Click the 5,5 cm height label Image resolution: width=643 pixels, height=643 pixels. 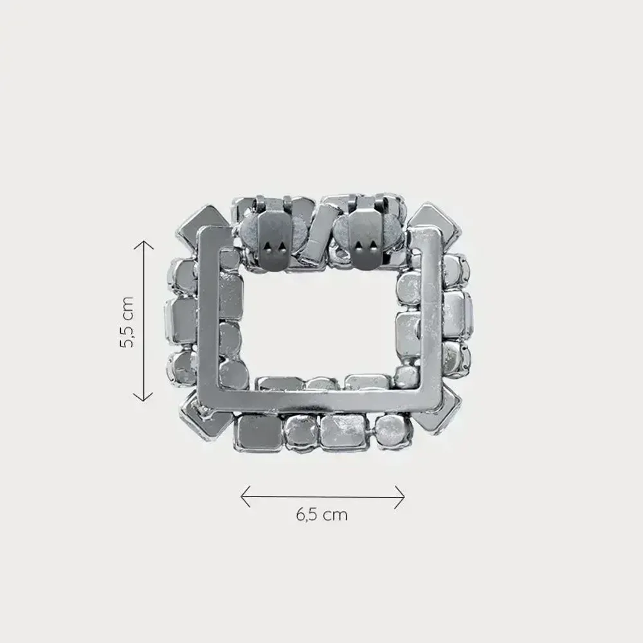point(126,321)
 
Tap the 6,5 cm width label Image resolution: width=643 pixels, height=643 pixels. point(321,515)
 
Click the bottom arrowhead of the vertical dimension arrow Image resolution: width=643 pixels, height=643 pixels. point(143,399)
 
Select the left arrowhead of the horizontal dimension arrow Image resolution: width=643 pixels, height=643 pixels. point(242,496)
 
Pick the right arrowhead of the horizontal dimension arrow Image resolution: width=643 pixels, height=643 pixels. point(403,496)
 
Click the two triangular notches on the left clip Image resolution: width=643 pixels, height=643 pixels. point(277,249)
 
